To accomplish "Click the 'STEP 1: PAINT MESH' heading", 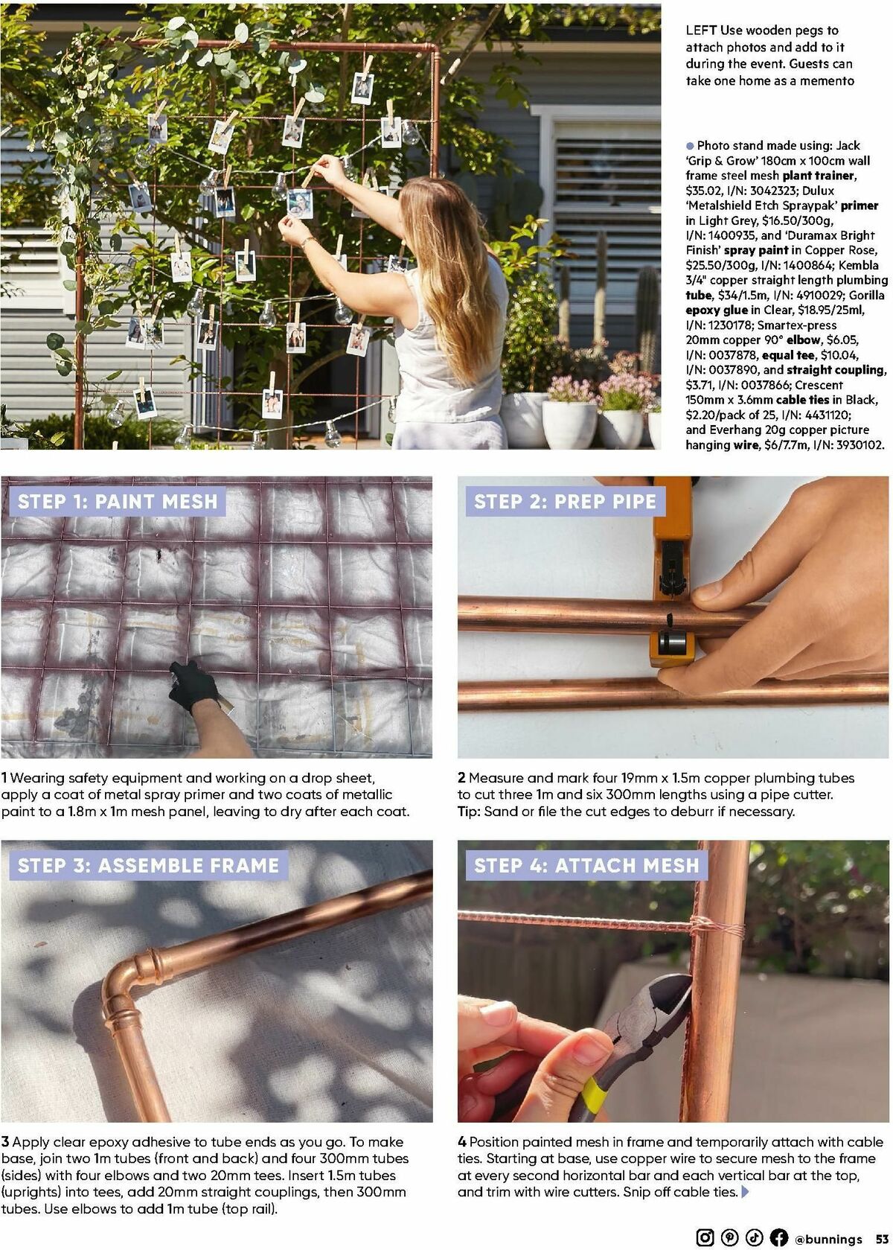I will coord(118,501).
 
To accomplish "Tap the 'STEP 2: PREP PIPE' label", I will coord(565,501).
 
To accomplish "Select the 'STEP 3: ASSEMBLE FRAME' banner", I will coord(149,865).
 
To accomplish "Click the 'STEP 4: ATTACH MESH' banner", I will coord(586,865).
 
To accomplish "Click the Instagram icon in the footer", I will coord(705,1237).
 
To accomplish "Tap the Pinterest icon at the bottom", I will coord(729,1237).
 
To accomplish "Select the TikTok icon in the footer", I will coord(754,1237).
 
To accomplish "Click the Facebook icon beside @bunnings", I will coord(779,1237).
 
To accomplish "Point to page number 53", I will coord(880,1238).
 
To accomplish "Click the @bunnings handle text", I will coord(828,1238).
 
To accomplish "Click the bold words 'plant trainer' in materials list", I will coord(819,176).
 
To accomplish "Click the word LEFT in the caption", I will coord(701,31).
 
